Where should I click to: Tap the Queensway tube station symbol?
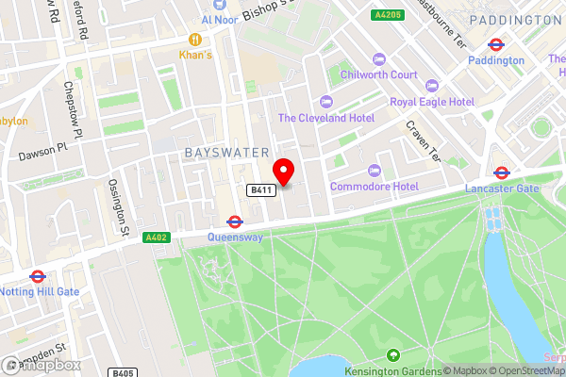click(x=235, y=222)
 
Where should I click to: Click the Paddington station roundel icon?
click(x=495, y=43)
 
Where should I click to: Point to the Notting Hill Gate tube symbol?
click(x=38, y=276)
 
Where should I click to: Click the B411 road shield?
click(x=261, y=190)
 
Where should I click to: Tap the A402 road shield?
click(x=158, y=238)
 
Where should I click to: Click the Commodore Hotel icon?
click(x=375, y=170)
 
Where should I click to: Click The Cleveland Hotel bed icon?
click(x=327, y=102)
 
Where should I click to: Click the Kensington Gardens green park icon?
click(x=392, y=355)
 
